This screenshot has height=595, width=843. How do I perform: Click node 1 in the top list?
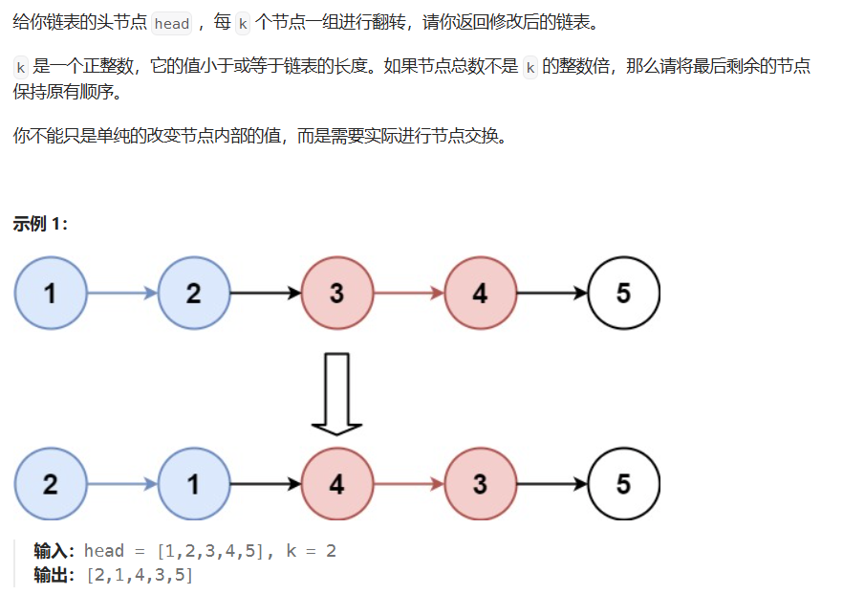pyautogui.click(x=51, y=293)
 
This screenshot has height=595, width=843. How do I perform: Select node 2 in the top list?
pyautogui.click(x=194, y=293)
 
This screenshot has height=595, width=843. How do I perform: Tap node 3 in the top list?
pyautogui.click(x=336, y=293)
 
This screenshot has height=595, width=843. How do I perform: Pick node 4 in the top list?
pyautogui.click(x=480, y=293)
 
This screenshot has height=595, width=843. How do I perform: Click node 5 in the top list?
pyautogui.click(x=623, y=293)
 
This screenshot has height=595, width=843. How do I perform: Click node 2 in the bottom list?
pyautogui.click(x=51, y=484)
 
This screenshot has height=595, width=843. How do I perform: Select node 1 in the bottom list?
pyautogui.click(x=194, y=484)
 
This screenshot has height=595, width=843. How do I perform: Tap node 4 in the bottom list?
pyautogui.click(x=336, y=484)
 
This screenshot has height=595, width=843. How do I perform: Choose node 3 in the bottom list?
pyautogui.click(x=480, y=484)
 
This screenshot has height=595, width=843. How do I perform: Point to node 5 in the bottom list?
pyautogui.click(x=623, y=484)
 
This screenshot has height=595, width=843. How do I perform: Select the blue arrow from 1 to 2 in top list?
pyautogui.click(x=122, y=293)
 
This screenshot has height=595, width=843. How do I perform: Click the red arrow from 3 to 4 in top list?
pyautogui.click(x=408, y=293)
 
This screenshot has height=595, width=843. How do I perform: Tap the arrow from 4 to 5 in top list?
pyautogui.click(x=551, y=293)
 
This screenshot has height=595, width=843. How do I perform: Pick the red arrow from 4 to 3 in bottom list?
pyautogui.click(x=408, y=484)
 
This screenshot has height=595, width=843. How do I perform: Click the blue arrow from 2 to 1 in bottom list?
pyautogui.click(x=122, y=484)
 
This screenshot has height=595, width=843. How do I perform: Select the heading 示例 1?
pyautogui.click(x=40, y=225)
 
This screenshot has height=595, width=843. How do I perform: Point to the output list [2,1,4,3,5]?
pyautogui.click(x=140, y=575)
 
